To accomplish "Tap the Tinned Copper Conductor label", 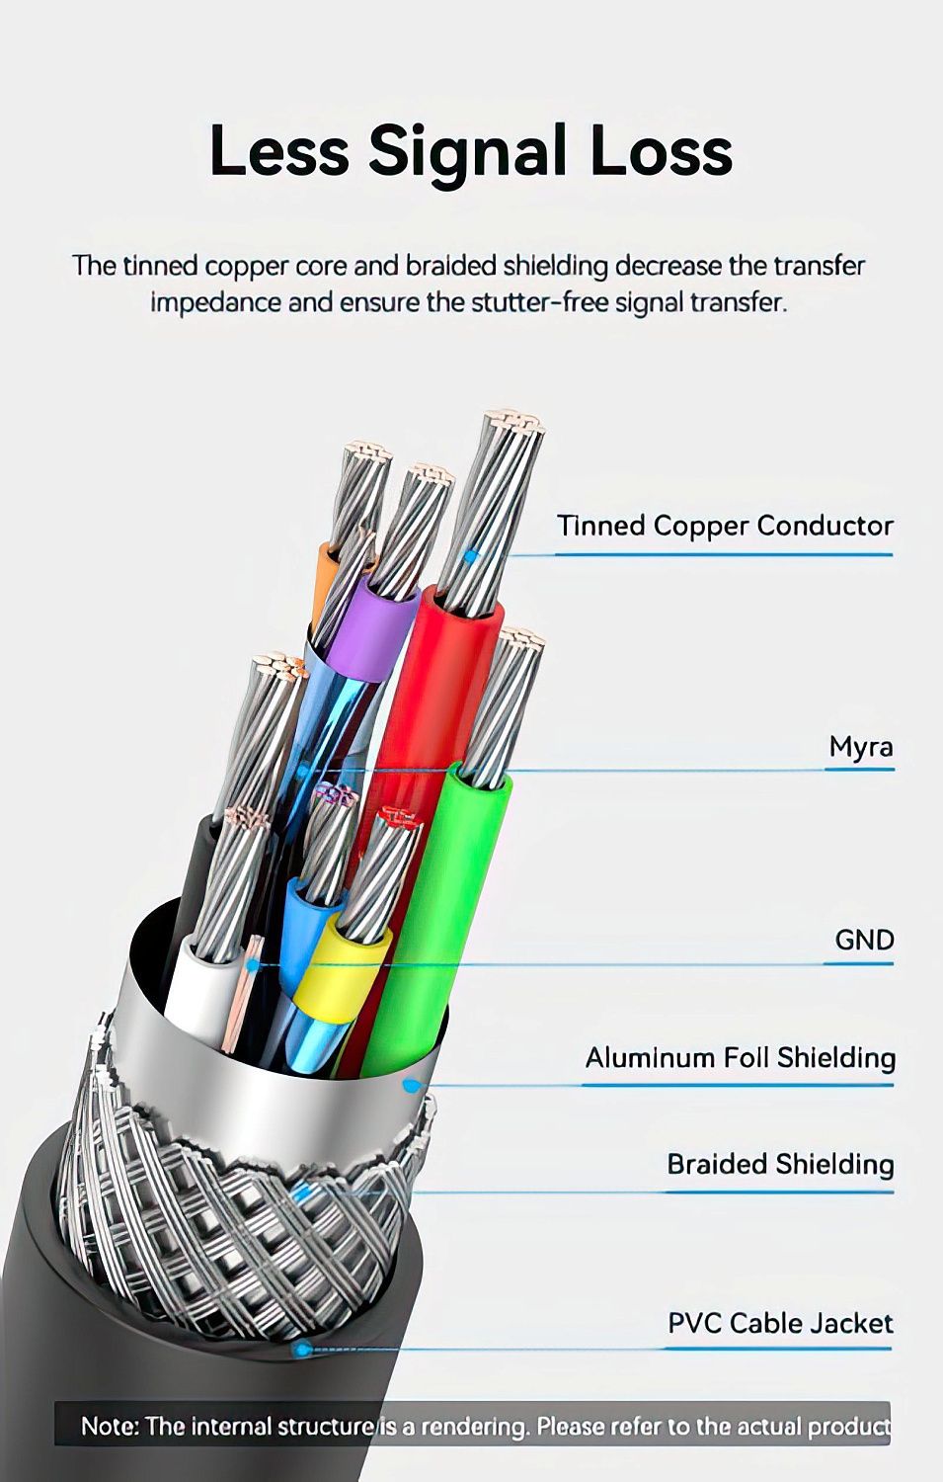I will (x=725, y=526).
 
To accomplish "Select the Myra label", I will (x=861, y=747).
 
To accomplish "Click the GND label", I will (x=864, y=939).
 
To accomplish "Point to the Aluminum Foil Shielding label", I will (x=740, y=1058).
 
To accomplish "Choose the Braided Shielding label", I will (x=780, y=1164).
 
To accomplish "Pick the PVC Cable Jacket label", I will (x=780, y=1323).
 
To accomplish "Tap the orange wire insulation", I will (x=325, y=583).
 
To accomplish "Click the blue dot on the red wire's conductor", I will (x=471, y=556).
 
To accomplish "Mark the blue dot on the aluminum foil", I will (x=409, y=1086).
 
